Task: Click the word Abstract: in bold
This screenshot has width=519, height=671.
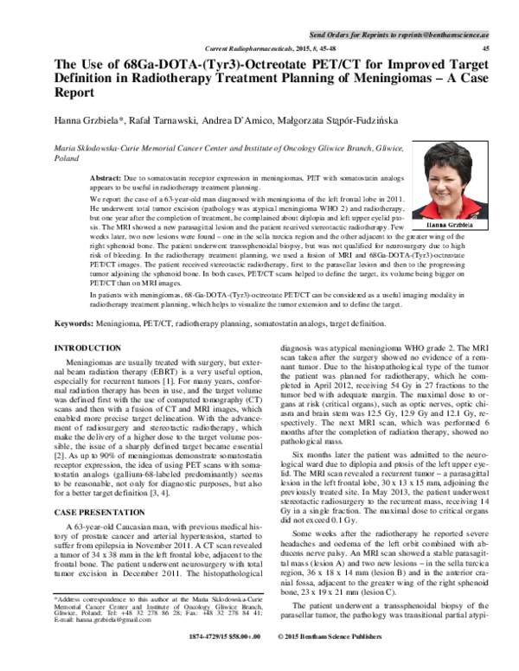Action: (108, 176)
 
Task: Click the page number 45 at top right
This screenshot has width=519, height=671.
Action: (484, 48)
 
